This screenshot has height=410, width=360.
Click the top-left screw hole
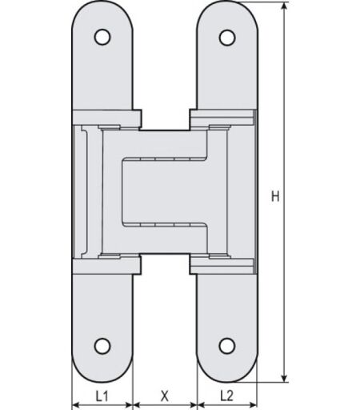coord(102,37)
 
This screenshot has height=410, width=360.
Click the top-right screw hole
coord(227,38)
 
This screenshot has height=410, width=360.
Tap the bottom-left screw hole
coord(102,346)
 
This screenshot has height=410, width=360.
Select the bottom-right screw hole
coord(227,346)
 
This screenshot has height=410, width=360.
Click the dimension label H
coord(275,196)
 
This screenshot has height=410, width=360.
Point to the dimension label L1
coord(102,396)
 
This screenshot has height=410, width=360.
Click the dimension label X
coord(165,396)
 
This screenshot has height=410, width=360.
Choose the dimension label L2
coord(226,396)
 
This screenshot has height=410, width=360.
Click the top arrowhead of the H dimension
coord(285,6)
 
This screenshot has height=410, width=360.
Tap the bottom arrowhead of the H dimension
coord(285,379)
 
